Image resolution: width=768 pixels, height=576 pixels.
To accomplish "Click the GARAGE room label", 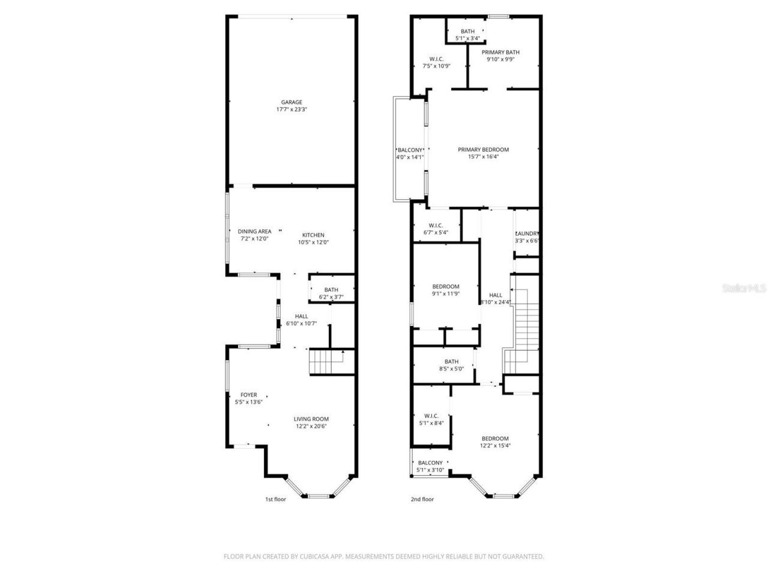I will click(x=292, y=102).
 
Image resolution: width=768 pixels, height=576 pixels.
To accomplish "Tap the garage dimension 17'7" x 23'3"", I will click(x=292, y=110).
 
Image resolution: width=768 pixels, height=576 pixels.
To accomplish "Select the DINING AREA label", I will click(x=254, y=231).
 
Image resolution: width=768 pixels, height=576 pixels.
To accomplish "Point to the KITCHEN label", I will click(x=313, y=235).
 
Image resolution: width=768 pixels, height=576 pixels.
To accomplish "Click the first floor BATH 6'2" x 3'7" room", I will click(x=331, y=290).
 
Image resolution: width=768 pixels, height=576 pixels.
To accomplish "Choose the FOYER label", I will click(x=248, y=395).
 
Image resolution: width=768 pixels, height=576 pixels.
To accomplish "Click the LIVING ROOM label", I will click(x=311, y=419).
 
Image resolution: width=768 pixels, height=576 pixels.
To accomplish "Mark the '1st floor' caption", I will click(x=275, y=499).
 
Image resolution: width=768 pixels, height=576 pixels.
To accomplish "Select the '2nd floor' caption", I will click(x=422, y=499).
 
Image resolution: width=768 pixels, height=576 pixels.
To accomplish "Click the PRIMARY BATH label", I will click(x=500, y=52).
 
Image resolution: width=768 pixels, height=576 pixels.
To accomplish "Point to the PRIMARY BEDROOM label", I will click(x=483, y=149).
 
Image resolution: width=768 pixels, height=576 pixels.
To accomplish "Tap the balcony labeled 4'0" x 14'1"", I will click(x=409, y=154).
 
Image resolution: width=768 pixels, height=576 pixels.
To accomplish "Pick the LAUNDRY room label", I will click(x=527, y=233).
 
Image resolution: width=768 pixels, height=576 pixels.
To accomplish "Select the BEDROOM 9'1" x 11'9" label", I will click(x=446, y=286).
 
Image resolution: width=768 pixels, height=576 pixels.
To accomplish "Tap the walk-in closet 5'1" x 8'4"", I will click(x=431, y=419).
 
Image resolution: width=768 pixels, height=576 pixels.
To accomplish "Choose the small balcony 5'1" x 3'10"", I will click(x=430, y=466).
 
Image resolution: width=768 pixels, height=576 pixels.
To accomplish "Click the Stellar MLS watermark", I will click(x=743, y=288).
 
